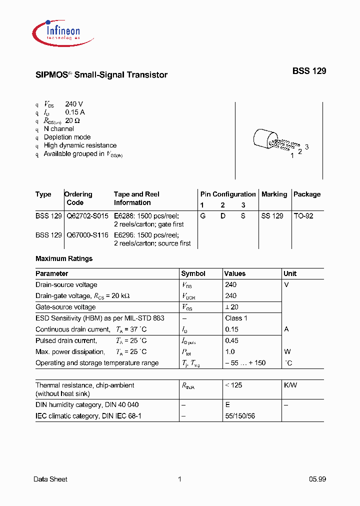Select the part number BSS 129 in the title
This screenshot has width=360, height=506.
(309, 71)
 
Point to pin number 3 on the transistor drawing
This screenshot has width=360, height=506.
(307, 146)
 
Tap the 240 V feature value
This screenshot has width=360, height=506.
(74, 104)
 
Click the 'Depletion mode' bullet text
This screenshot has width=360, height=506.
(67, 137)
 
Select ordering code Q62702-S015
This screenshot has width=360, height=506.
(87, 216)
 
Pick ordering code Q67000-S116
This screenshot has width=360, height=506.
(87, 235)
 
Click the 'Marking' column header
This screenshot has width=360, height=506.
(274, 194)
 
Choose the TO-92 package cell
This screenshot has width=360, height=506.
(303, 216)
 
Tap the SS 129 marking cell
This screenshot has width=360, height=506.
(272, 216)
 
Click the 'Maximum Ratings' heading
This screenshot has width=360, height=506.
(64, 258)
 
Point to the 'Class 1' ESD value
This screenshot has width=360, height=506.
(236, 318)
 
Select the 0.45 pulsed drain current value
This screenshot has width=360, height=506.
(231, 340)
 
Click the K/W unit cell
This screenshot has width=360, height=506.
(290, 385)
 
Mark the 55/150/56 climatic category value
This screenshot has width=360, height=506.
(240, 416)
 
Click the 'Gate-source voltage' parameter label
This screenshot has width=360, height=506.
(65, 307)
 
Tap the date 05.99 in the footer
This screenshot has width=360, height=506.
(317, 479)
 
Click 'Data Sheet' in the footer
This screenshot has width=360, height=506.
(50, 479)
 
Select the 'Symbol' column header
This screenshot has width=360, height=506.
(193, 274)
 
